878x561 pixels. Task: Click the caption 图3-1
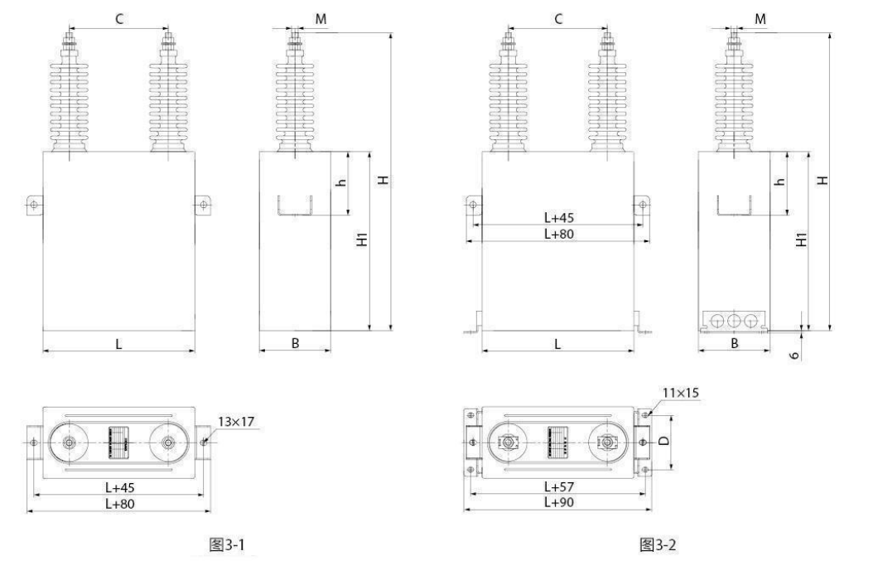[x=227, y=544]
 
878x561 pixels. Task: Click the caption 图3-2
[x=658, y=544]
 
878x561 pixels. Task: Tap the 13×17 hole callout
[x=236, y=422]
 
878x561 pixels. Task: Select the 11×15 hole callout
[x=680, y=393]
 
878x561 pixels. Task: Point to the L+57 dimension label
[x=559, y=486]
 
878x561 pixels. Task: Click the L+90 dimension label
[x=559, y=502]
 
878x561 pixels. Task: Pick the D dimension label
[x=664, y=441]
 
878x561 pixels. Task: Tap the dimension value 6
[x=794, y=355]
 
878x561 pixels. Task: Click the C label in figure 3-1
[x=119, y=19]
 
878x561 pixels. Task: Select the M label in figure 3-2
[x=760, y=19]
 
